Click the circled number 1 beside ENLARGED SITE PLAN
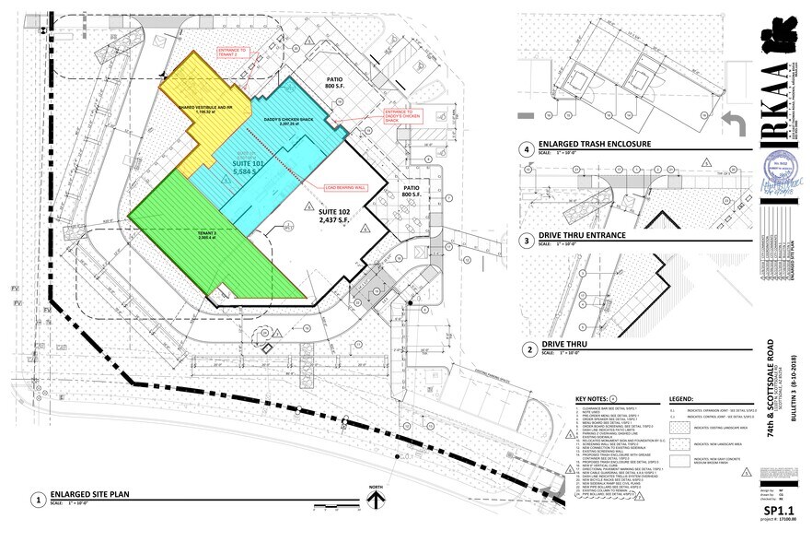click(38, 499)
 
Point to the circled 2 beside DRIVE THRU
click(528, 349)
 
